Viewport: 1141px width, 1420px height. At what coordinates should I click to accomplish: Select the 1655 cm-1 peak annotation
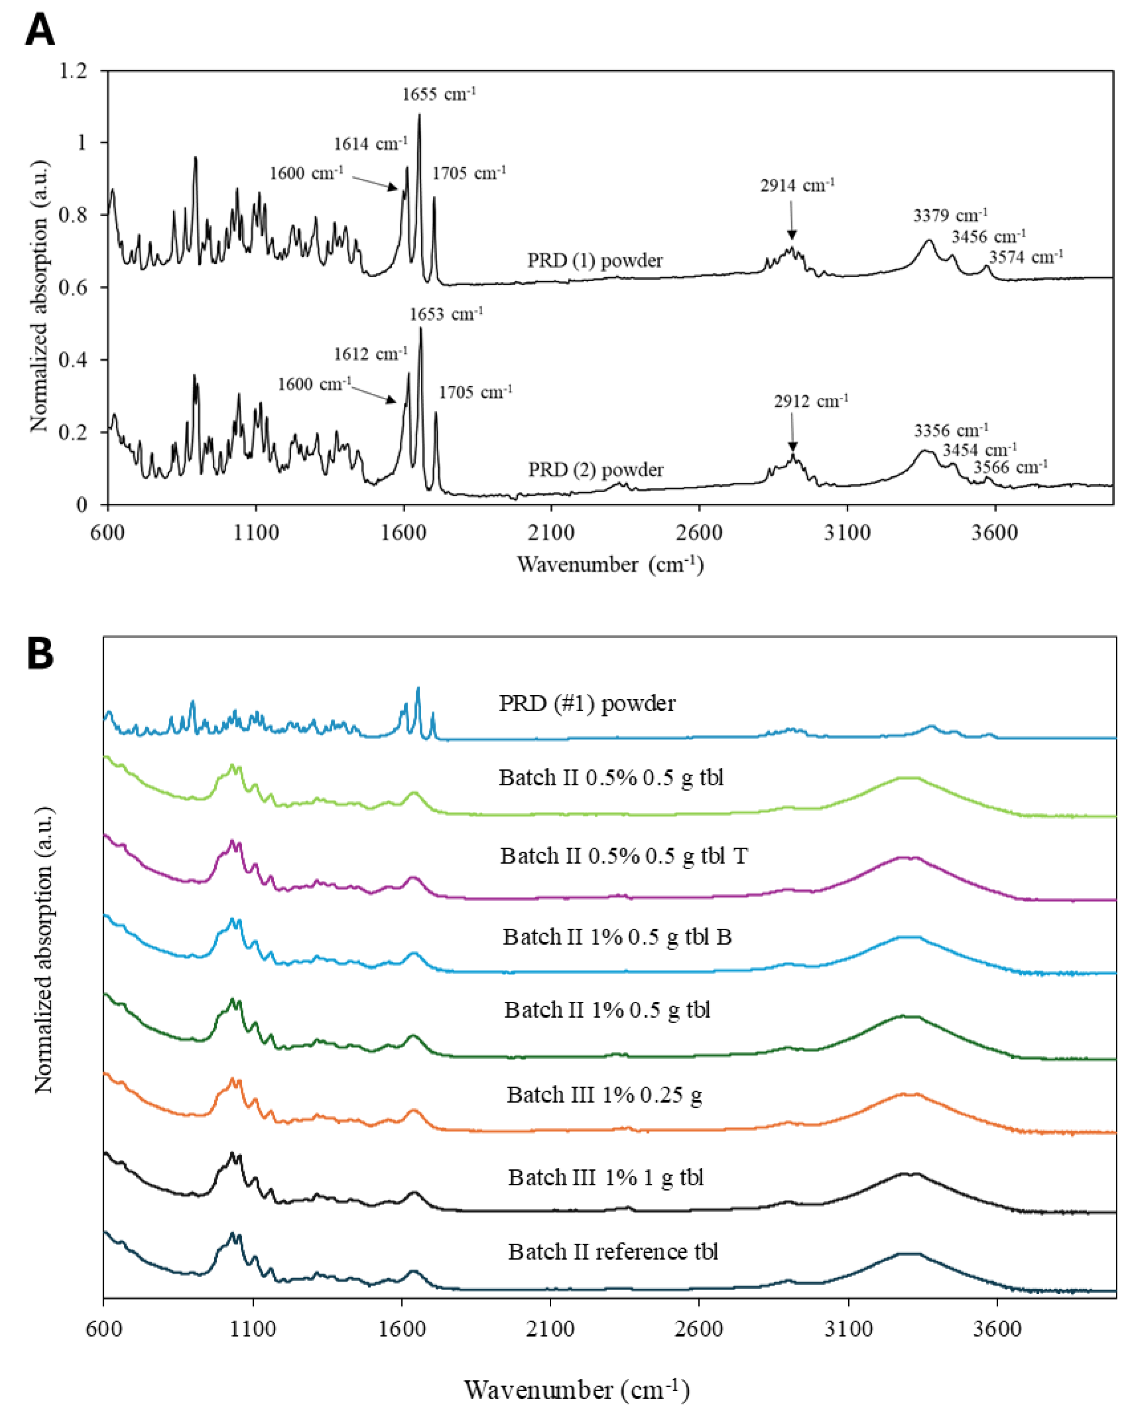(438, 94)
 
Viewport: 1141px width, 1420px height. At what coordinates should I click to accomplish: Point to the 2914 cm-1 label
(797, 186)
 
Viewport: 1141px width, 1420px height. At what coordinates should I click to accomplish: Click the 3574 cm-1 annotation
(1026, 257)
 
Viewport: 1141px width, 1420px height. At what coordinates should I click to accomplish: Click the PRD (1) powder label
(594, 261)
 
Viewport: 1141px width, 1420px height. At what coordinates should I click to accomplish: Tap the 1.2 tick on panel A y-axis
(73, 70)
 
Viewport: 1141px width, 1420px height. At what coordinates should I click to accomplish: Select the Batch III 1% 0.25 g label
(604, 1095)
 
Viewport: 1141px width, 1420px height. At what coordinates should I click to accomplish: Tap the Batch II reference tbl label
(612, 1251)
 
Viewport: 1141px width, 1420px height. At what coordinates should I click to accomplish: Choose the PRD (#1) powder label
(587, 703)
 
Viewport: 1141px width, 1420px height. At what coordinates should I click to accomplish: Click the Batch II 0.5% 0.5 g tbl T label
(623, 856)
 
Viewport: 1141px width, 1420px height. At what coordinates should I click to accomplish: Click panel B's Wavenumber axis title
(576, 1390)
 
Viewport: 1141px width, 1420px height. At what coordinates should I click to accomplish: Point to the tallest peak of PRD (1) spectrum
(419, 116)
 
